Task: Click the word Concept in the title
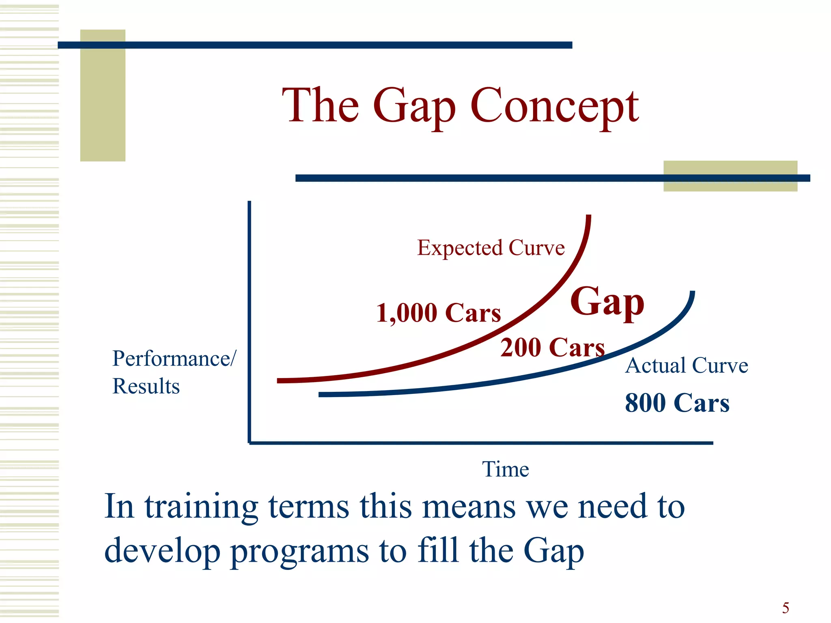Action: tap(554, 106)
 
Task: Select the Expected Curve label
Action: tap(491, 248)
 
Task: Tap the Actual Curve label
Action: tap(687, 365)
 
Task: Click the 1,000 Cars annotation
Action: tap(439, 313)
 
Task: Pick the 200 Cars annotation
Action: tap(552, 348)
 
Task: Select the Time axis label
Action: tap(505, 469)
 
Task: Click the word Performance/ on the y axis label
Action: tap(174, 359)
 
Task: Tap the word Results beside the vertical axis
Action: tap(146, 386)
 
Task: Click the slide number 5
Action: tap(786, 608)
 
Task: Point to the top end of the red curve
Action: tap(588, 217)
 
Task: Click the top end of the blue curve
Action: tap(692, 293)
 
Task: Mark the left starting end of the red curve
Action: tap(279, 381)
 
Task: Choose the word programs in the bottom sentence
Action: tap(299, 552)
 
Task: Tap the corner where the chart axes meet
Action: tap(250, 443)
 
